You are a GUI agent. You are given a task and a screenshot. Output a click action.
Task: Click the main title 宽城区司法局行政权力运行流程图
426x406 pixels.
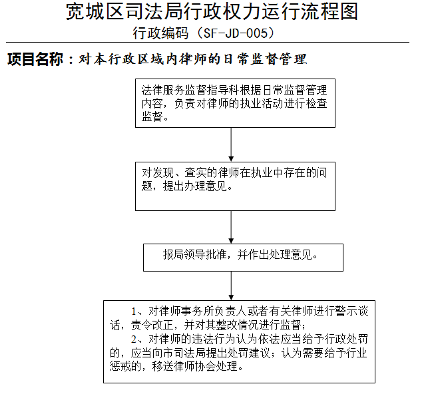tap(212, 11)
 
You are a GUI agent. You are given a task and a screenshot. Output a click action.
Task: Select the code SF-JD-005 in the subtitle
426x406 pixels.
tap(236, 33)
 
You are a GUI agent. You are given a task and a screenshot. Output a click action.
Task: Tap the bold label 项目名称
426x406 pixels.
tap(35, 59)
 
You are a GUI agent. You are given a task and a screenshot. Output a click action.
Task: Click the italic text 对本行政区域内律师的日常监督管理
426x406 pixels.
tap(193, 59)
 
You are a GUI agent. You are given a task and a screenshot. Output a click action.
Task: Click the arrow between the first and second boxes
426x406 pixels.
tap(231, 144)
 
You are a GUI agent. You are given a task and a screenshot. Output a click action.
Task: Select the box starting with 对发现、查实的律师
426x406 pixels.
tap(235, 186)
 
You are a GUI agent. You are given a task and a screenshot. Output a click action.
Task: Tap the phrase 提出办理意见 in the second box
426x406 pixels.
tap(195, 186)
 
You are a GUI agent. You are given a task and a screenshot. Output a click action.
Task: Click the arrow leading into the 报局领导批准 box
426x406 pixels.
tap(231, 227)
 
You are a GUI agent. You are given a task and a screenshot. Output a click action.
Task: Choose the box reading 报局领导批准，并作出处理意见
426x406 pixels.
tap(243, 258)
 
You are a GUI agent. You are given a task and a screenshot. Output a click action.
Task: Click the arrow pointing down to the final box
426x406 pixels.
tap(231, 286)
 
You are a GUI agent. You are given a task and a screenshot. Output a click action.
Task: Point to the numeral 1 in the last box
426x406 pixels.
tap(134, 311)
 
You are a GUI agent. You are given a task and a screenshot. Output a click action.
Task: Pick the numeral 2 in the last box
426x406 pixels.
tap(134, 339)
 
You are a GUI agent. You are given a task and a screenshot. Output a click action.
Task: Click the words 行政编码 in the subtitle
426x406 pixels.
tap(160, 33)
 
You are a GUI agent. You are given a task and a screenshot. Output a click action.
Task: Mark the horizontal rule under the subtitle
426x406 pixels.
tap(208, 43)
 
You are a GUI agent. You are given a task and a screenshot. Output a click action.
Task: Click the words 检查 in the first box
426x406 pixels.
tap(317, 104)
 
